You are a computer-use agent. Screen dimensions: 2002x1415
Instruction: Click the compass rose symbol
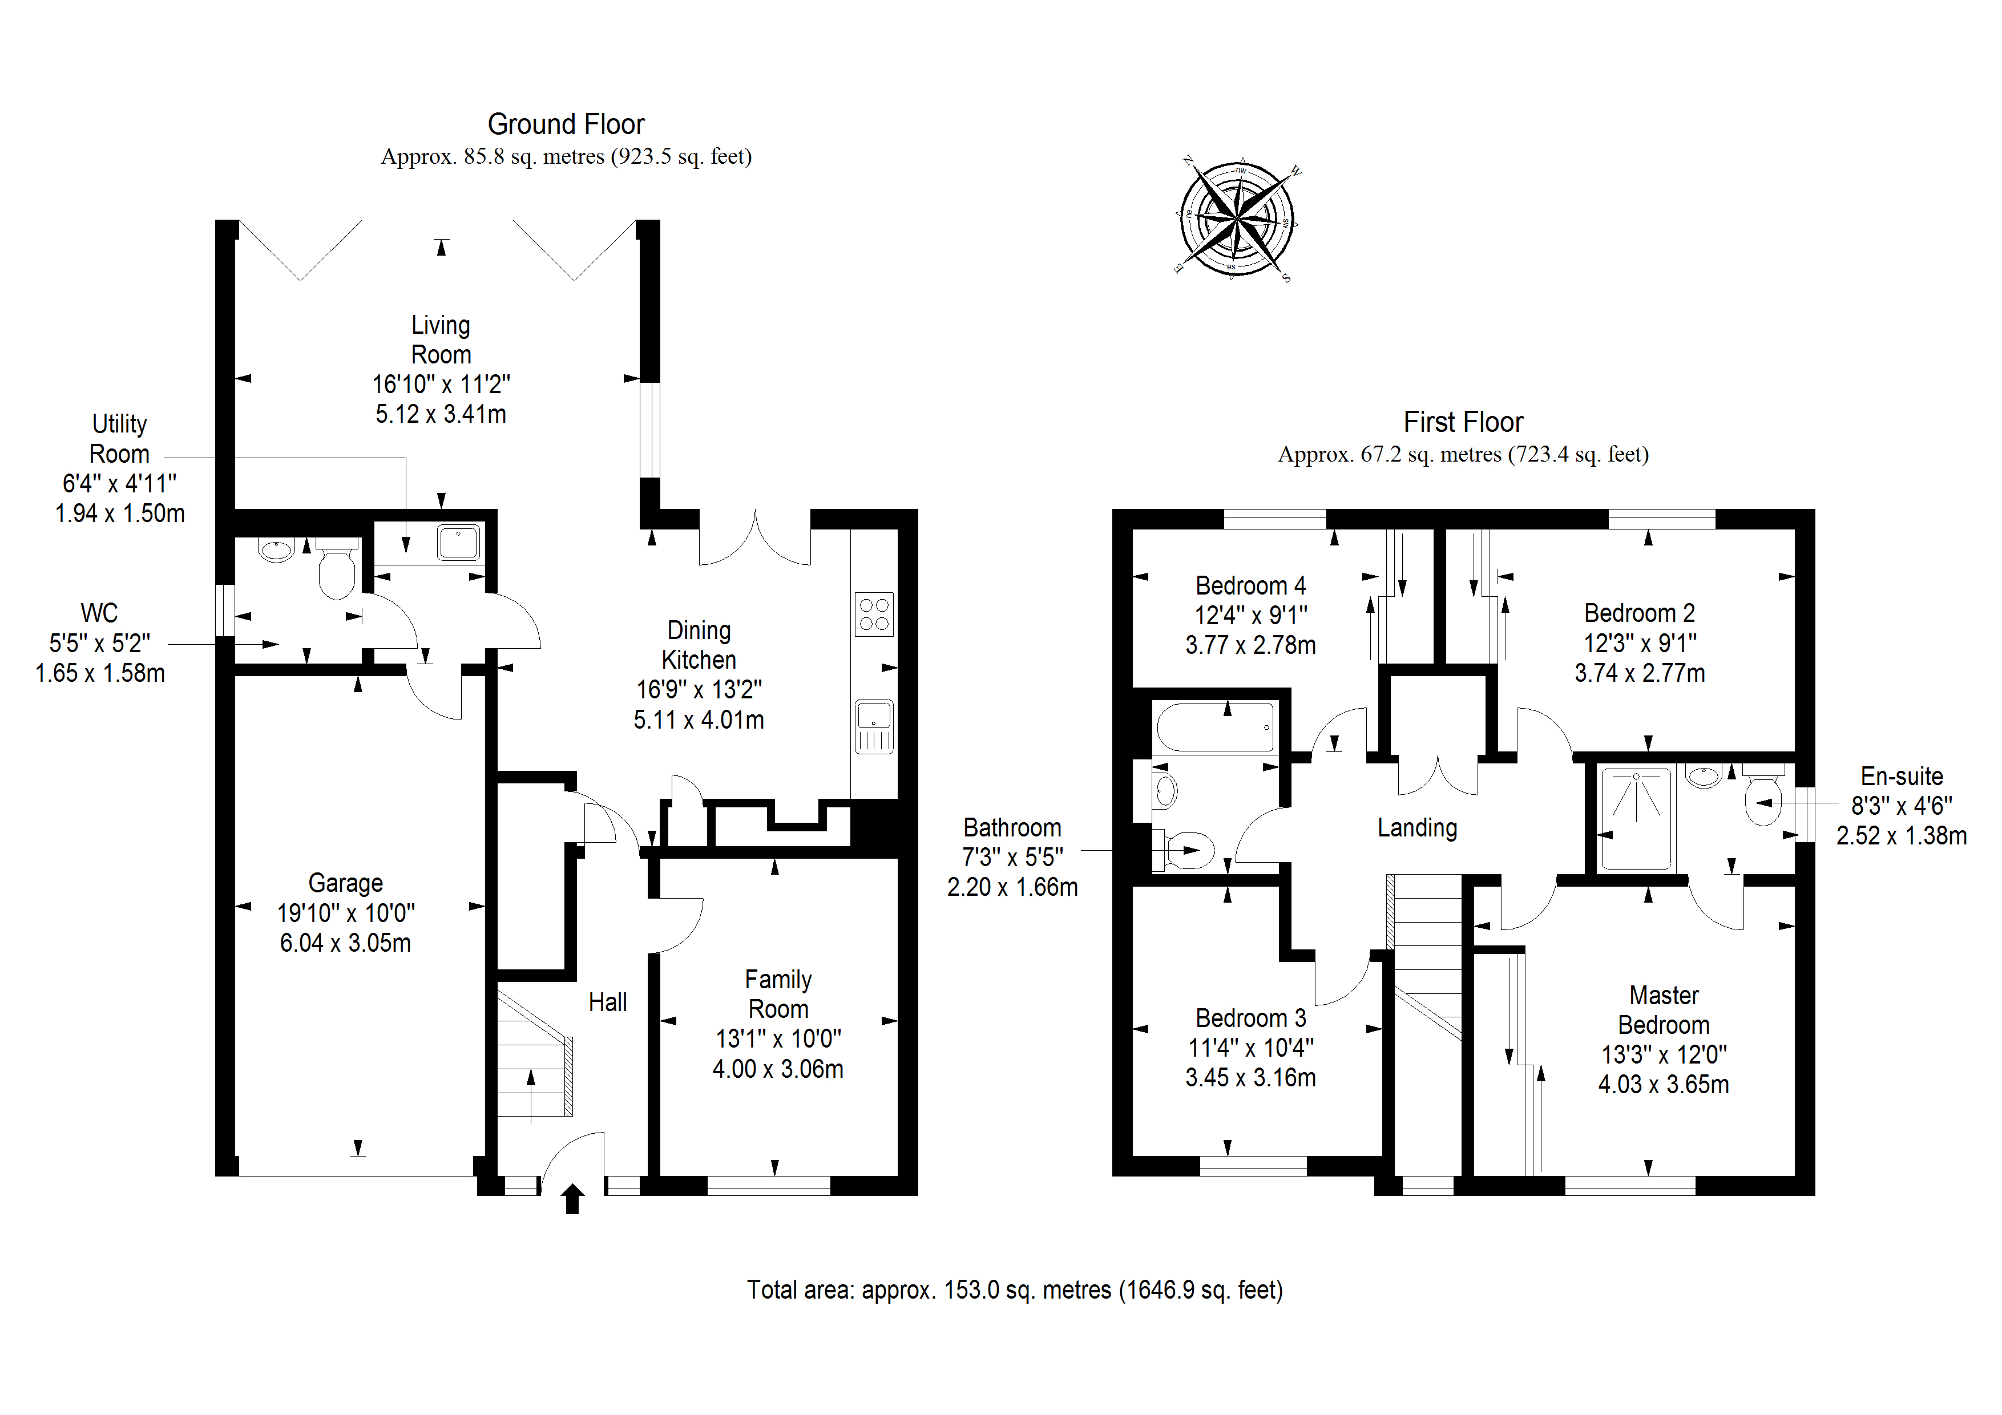(1237, 218)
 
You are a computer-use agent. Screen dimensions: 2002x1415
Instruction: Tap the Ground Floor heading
(566, 125)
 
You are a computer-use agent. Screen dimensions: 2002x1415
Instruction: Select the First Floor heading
(1463, 423)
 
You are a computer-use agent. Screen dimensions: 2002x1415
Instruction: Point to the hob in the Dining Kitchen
(874, 614)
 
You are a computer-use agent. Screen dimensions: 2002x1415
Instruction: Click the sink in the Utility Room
(458, 542)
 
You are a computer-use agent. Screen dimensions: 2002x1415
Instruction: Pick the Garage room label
(345, 883)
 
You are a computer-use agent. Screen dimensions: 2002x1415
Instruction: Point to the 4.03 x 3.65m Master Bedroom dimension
(1663, 1085)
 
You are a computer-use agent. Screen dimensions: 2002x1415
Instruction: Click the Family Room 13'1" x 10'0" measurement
(778, 1039)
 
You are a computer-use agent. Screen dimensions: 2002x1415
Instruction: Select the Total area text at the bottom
(1014, 1290)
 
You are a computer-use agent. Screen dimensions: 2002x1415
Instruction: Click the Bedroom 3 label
(1250, 1018)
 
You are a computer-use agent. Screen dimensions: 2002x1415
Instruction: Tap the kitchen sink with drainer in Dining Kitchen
(874, 726)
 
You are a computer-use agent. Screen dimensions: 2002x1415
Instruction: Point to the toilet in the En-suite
(1763, 797)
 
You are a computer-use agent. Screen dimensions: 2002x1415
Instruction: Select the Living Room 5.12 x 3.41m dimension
(441, 414)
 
